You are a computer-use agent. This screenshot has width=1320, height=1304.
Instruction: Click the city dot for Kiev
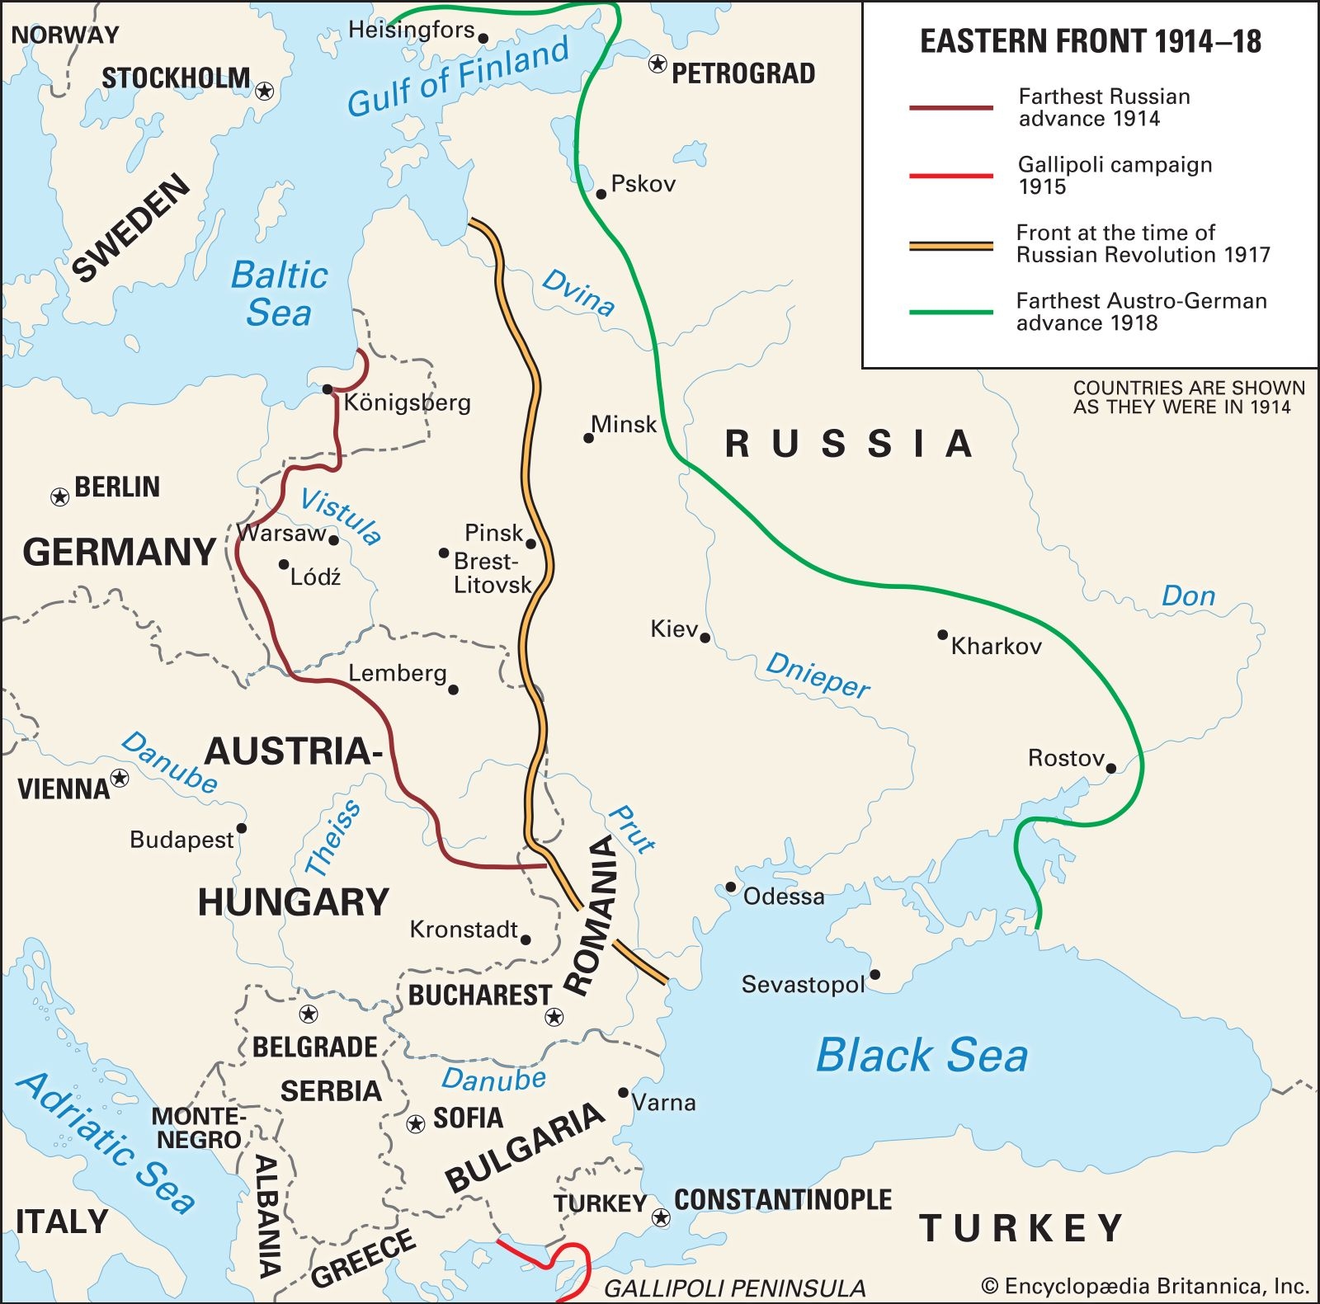click(x=705, y=638)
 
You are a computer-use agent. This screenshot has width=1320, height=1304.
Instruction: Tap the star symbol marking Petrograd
click(x=658, y=64)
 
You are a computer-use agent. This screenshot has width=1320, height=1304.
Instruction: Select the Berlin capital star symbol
click(x=59, y=497)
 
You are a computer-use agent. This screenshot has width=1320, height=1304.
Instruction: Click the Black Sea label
click(x=922, y=1055)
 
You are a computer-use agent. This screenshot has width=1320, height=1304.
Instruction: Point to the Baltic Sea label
click(x=279, y=294)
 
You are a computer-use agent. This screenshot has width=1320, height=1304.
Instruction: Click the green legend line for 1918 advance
click(x=950, y=313)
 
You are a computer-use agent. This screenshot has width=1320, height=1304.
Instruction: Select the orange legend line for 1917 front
click(x=950, y=246)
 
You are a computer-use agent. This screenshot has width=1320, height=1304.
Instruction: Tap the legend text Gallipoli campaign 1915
click(x=1114, y=175)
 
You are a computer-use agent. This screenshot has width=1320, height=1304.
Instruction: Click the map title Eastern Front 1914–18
click(x=1090, y=41)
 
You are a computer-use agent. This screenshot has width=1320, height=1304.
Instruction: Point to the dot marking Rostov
click(x=1110, y=768)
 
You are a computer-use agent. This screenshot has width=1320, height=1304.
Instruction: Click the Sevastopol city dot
click(x=875, y=975)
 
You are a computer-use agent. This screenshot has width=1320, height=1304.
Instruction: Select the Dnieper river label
click(x=817, y=675)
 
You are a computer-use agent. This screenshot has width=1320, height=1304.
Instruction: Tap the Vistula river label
click(x=341, y=515)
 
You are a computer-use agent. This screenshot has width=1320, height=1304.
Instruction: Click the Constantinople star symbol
click(x=661, y=1217)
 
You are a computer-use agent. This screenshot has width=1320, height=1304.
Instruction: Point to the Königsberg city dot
click(x=328, y=389)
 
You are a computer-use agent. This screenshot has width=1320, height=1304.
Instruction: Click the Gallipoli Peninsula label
click(x=734, y=1288)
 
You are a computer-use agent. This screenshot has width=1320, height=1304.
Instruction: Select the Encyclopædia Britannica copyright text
click(x=1144, y=1286)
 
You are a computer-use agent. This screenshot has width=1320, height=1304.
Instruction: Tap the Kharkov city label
click(x=996, y=646)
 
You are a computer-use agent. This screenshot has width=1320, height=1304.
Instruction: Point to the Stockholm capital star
click(x=265, y=91)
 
